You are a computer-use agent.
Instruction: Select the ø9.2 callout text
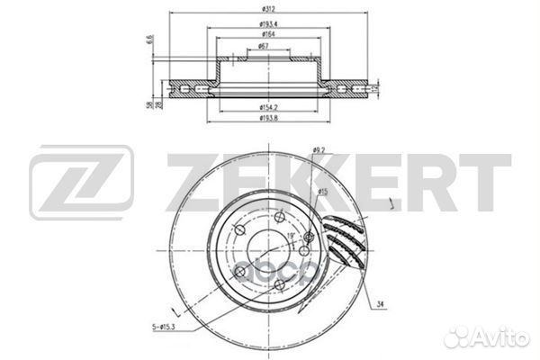(x=319, y=150)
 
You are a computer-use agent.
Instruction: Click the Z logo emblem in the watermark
(x=81, y=185)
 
